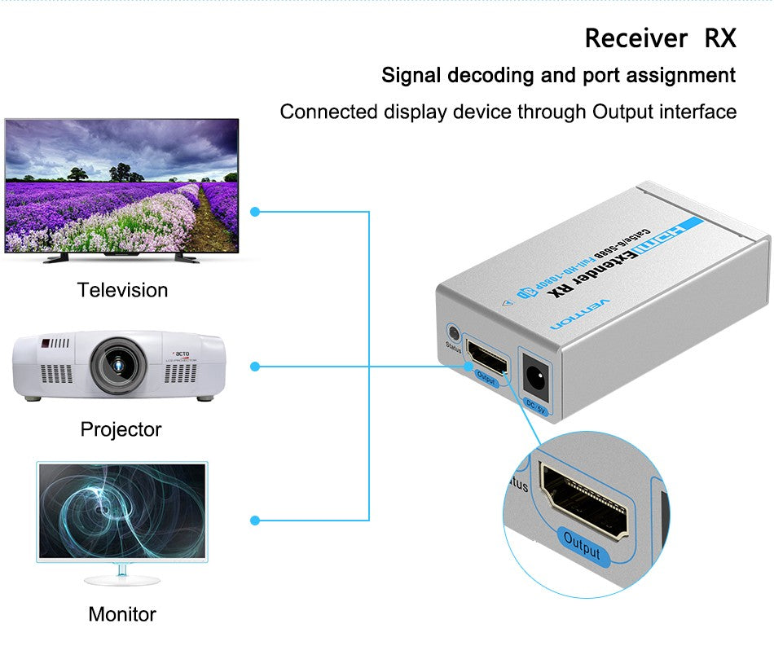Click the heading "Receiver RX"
tap(660, 38)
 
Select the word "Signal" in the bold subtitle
tap(414, 76)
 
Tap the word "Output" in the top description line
tap(626, 112)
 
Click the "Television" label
tap(122, 290)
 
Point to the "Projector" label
tap(121, 429)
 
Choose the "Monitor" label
tap(121, 614)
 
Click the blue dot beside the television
tap(255, 212)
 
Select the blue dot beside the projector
tap(255, 367)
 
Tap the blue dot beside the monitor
tap(255, 520)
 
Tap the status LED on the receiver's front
tap(452, 333)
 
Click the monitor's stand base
tap(121, 580)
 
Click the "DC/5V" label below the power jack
tap(535, 406)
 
